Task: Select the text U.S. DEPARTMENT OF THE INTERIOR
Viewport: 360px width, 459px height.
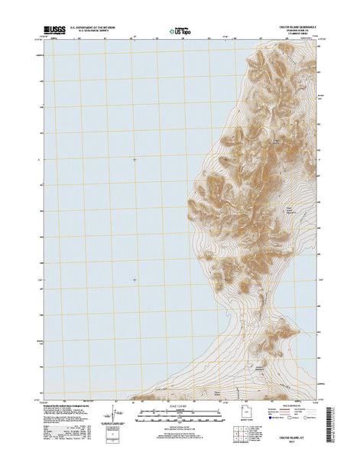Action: pos(98,28)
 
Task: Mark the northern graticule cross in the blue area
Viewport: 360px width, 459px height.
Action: pos(135,159)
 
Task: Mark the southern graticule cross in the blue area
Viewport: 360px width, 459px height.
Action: pos(135,280)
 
